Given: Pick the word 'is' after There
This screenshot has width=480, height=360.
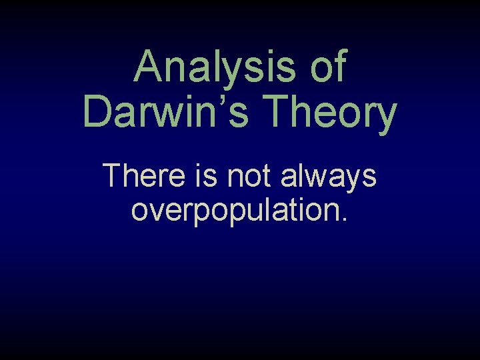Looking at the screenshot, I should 209,176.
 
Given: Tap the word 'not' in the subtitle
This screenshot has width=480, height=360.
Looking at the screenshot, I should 250,176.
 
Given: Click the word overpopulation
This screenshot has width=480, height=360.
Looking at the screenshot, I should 239,209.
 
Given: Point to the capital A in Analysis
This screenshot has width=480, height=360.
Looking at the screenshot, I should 149,67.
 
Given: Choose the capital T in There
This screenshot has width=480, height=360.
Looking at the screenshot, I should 113,176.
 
